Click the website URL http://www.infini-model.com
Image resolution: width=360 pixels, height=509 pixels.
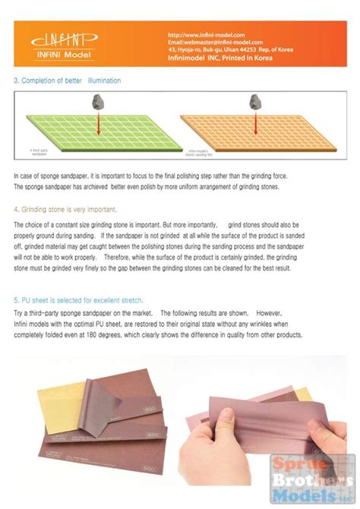tap(206, 34)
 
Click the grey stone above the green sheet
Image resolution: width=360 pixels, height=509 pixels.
tap(99, 102)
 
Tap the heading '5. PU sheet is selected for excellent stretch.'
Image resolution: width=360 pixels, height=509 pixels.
tap(78, 300)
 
